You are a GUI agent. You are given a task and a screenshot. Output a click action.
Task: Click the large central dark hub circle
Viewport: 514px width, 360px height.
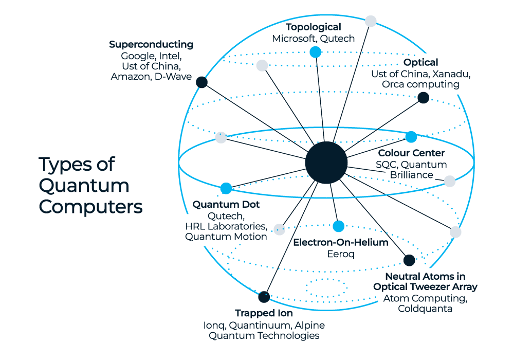(326, 163)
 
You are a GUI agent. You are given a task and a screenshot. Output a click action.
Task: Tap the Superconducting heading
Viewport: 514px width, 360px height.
(151, 44)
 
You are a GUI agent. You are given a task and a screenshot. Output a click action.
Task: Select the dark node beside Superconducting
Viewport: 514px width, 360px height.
(201, 82)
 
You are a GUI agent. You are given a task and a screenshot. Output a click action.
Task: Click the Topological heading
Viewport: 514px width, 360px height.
(314, 27)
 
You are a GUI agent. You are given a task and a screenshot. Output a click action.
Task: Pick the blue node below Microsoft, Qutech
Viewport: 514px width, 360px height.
(316, 52)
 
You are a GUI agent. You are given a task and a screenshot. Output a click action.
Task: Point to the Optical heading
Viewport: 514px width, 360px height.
(420, 62)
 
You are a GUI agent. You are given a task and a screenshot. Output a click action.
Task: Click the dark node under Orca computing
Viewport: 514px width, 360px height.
(423, 98)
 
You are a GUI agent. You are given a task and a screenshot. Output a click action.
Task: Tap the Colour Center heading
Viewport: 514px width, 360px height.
(411, 153)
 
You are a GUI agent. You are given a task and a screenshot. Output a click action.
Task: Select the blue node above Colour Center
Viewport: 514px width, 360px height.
(411, 137)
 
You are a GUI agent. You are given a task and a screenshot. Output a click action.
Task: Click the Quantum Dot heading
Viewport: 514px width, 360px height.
(226, 205)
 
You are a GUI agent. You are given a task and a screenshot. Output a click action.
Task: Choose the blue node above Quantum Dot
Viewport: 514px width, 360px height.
(226, 189)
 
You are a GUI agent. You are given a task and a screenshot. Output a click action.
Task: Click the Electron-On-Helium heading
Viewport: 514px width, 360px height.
(341, 242)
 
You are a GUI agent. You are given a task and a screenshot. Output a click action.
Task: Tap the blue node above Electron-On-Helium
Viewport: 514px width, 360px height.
(339, 226)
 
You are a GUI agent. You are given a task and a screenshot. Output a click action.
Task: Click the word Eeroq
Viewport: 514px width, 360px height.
(341, 254)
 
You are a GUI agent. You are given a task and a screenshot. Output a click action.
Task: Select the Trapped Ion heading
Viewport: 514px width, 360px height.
(264, 313)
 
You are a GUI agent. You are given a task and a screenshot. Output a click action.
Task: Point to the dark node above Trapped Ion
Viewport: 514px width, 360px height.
(264, 297)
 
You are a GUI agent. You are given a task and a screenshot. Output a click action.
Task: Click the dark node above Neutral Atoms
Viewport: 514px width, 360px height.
(409, 260)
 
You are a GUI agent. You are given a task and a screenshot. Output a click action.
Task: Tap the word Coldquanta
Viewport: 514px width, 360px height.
(425, 309)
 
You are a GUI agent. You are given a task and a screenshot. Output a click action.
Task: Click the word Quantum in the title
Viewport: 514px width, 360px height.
(84, 186)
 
